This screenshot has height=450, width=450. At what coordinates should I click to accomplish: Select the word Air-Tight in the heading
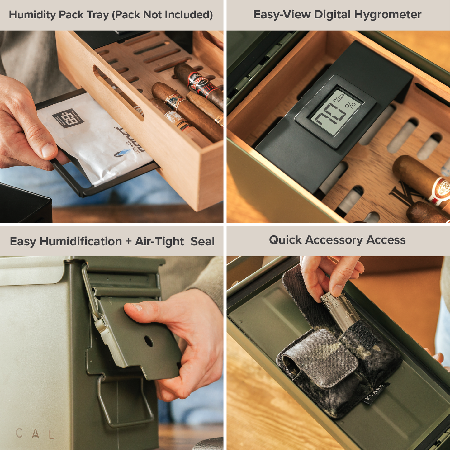(159, 242)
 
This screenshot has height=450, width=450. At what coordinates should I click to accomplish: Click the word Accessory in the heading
(333, 240)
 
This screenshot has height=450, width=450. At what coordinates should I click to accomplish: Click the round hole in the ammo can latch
(149, 342)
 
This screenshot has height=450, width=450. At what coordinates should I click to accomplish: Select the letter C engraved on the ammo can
(19, 433)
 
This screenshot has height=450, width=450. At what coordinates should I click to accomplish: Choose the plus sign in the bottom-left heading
(128, 242)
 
